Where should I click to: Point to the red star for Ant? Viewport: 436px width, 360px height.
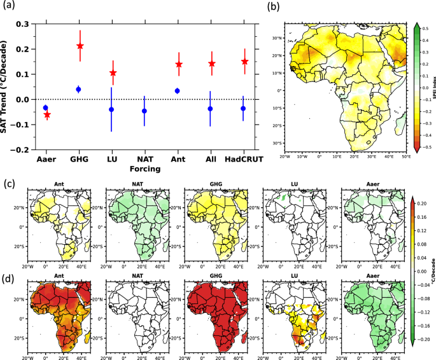tap(179, 64)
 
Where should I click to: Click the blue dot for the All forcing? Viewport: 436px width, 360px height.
tap(210, 109)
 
